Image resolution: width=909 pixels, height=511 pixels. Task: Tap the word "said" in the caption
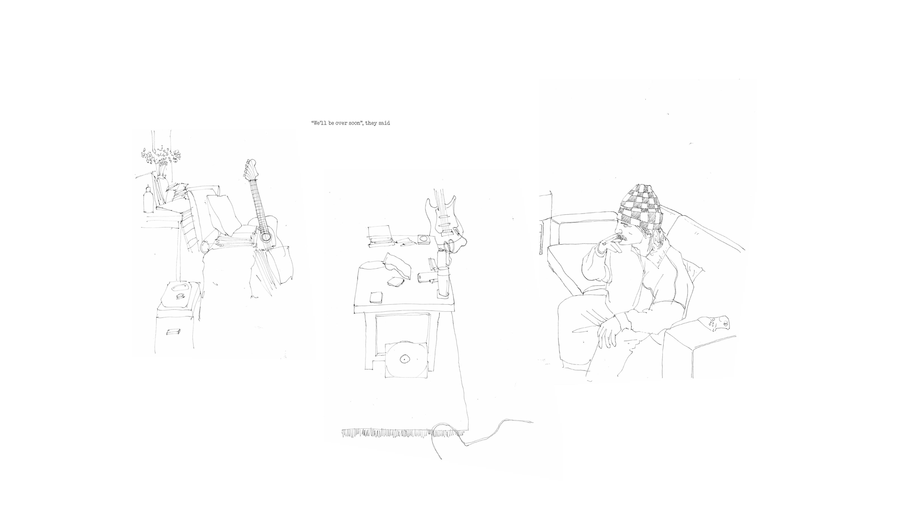click(x=384, y=123)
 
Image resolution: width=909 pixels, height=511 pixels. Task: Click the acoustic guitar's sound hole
click(x=267, y=236)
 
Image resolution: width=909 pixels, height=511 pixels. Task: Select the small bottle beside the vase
click(x=148, y=199)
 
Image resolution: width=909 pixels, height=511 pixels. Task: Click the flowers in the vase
click(x=160, y=156)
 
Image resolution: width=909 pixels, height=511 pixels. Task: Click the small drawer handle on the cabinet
click(x=174, y=332)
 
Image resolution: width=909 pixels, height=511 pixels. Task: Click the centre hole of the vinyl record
click(x=404, y=359)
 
